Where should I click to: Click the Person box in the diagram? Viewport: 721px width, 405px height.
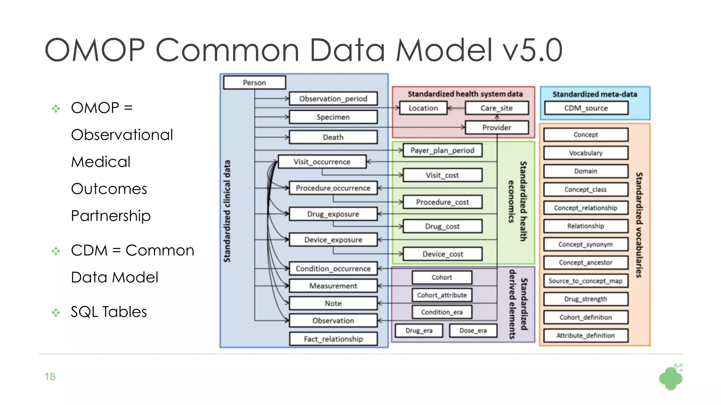point(254,83)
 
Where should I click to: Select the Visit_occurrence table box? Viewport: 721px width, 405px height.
point(322,162)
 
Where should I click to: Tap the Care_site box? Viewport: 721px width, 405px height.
point(496,108)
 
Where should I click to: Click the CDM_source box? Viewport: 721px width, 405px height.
point(586,108)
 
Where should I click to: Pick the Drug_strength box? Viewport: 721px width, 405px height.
point(585,299)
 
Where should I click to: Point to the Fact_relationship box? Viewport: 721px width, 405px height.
point(333,339)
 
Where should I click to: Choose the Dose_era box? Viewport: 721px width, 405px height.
point(473,330)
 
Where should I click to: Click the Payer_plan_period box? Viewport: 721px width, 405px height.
point(442,150)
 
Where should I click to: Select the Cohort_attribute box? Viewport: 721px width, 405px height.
point(442,295)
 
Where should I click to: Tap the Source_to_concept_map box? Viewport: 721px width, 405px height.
point(585,281)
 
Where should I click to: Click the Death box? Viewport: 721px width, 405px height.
point(333,137)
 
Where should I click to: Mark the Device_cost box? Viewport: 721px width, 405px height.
point(443,254)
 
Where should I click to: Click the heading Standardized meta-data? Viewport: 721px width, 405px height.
point(595,94)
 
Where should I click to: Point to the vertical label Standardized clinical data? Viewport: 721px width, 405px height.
point(227,211)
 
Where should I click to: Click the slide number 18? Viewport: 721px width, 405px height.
point(50,377)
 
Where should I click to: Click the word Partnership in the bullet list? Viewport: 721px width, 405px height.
point(111,216)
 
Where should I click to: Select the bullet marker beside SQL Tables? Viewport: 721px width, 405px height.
point(56,312)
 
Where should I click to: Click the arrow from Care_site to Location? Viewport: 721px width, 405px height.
point(456,108)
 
